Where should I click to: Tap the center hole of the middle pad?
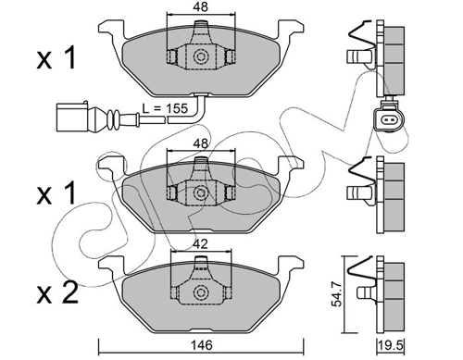point(200,193)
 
